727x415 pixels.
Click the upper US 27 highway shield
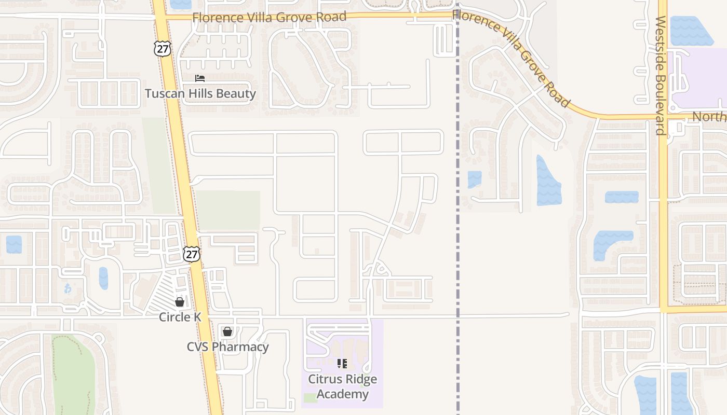click(162, 49)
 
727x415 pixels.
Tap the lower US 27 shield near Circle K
click(192, 254)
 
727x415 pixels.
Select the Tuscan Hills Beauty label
click(200, 94)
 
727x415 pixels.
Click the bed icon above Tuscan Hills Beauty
click(200, 78)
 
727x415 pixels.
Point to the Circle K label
click(180, 317)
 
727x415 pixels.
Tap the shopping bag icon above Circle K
click(180, 301)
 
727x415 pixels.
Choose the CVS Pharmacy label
click(227, 347)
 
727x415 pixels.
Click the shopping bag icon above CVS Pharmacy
click(227, 331)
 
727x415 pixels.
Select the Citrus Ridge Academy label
click(342, 386)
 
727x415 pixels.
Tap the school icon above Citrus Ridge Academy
click(342, 364)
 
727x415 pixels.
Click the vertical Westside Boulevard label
click(661, 75)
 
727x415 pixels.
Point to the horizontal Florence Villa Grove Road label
click(269, 17)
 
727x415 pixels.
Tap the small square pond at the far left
click(14, 244)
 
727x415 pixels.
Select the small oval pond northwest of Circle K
click(103, 278)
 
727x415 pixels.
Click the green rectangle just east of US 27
click(228, 210)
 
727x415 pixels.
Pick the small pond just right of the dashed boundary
click(474, 179)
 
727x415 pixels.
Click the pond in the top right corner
click(691, 31)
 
